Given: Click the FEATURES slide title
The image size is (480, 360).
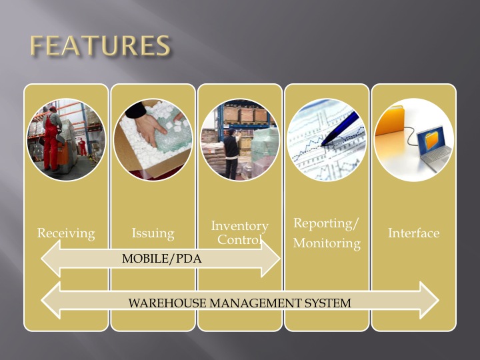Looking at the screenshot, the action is pos(100,45).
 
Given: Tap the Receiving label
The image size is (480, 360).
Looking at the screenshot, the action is pos(66,233).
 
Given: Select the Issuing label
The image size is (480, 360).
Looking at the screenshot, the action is pos(153,233).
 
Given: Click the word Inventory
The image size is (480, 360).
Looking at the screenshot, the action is pos(240,226).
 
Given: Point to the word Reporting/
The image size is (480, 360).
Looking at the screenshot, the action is pos(326,223).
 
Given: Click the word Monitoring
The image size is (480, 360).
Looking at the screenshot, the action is pos(327,243).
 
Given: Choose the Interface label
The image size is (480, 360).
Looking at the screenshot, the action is pos(414,233).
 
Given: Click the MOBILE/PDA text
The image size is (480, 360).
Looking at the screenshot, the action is pos(161,259).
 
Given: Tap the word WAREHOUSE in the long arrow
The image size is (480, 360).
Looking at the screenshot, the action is pos(167,303).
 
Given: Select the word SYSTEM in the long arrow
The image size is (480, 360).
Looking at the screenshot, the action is pos(327,303).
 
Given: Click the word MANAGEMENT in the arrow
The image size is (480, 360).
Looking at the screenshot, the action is pos(255,303).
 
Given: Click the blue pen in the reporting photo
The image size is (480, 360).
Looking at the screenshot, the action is pos(340,128).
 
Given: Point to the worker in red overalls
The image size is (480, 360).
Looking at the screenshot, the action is pos(52,139).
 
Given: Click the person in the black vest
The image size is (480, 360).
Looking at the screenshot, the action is pos(231,154).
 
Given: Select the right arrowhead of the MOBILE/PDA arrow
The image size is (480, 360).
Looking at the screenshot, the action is pos(271,259).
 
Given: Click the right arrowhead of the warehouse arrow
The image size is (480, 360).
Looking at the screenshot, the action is pos(429,300).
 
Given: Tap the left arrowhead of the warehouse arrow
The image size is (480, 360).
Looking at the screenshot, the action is pos(51,300).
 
